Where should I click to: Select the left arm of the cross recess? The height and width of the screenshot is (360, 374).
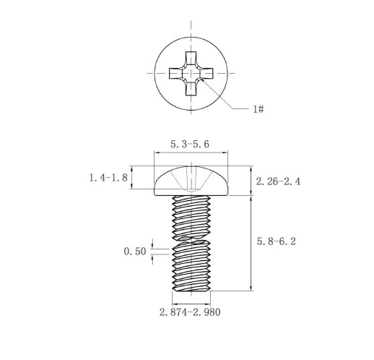[x=175, y=73]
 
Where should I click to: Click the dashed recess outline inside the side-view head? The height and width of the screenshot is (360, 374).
[x=190, y=177]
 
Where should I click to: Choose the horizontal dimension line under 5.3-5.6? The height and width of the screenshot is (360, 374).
[x=190, y=153]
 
